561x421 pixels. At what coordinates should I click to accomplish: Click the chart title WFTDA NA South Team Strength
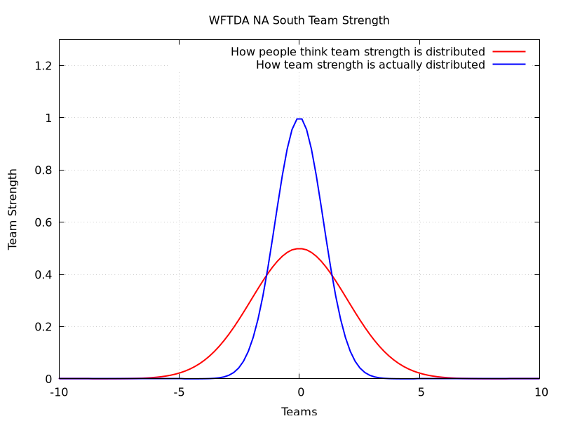299,20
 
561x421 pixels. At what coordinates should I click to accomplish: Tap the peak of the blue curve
299,119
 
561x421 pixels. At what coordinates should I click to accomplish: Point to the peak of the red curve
299,248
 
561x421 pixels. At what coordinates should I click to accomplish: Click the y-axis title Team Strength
13,209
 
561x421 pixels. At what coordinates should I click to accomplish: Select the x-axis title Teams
299,411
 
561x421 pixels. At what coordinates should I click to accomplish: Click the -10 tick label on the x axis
59,392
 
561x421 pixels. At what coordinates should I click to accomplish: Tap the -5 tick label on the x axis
179,392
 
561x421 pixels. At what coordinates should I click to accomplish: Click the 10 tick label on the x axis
540,392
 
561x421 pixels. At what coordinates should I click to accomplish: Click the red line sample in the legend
508,52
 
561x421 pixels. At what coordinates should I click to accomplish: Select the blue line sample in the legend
508,65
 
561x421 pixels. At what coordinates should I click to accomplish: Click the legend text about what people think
358,52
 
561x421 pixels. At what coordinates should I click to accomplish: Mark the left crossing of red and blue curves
266,274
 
